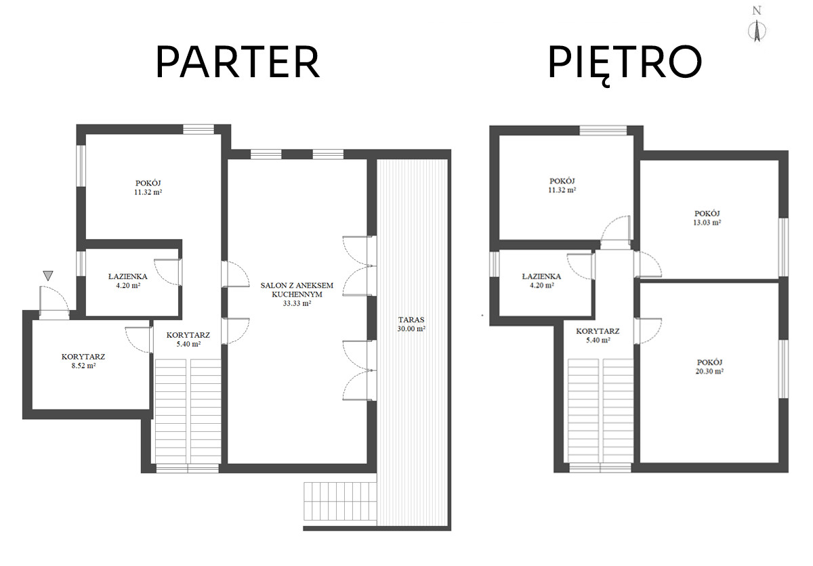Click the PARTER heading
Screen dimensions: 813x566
(x=238, y=62)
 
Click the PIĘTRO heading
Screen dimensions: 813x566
(x=625, y=64)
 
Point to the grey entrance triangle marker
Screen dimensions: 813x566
(x=48, y=276)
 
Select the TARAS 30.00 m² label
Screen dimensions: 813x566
(x=411, y=324)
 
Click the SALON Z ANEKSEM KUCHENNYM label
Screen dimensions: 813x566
(x=297, y=290)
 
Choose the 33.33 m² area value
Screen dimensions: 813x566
(x=297, y=303)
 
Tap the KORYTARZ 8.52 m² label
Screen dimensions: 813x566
(x=83, y=361)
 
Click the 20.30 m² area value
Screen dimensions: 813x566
(x=709, y=371)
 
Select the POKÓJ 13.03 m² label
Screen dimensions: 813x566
(x=707, y=218)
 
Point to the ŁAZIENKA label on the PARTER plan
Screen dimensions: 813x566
(x=128, y=277)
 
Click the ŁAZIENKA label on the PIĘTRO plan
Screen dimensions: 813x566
(x=541, y=277)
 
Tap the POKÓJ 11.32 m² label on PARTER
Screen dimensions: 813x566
(x=148, y=188)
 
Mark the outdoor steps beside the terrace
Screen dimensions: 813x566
(x=339, y=502)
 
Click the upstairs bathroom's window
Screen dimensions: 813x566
(x=495, y=263)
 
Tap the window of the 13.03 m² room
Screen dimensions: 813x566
(x=784, y=247)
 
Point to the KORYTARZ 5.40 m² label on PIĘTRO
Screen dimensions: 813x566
(x=598, y=336)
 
